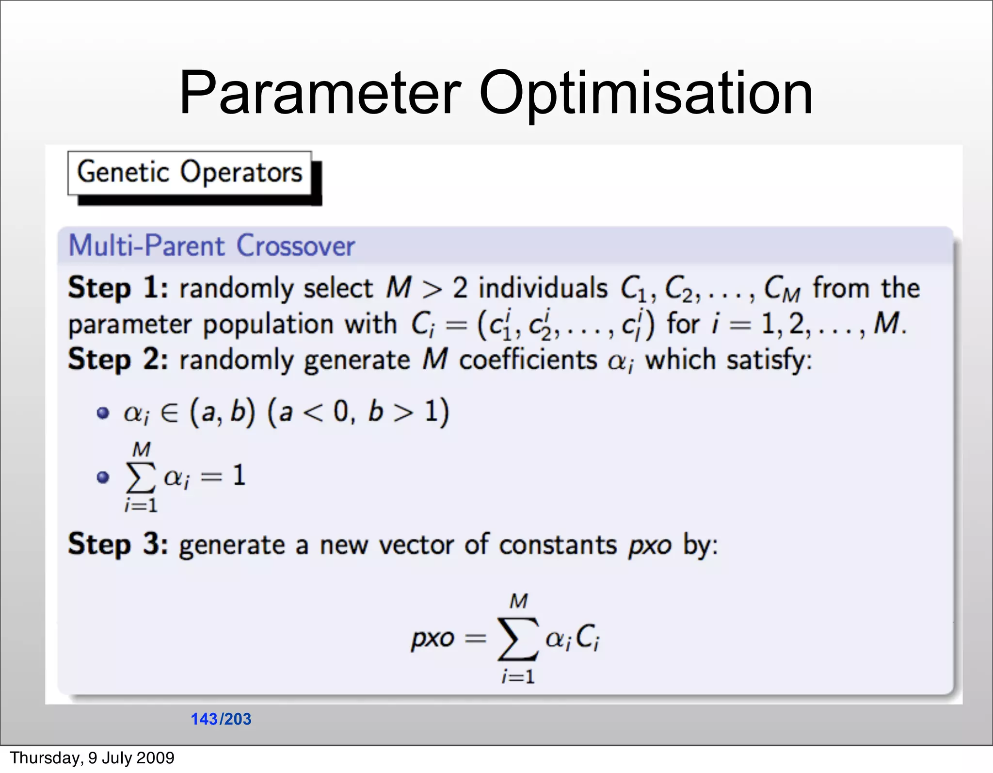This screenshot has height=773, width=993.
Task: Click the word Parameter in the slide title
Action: pos(320,93)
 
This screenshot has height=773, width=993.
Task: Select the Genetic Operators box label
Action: pos(190,173)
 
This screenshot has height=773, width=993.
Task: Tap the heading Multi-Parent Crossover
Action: pos(211,246)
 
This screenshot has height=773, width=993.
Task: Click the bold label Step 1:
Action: pos(118,288)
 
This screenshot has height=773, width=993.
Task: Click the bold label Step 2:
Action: pos(118,360)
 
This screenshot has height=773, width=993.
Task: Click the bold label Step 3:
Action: pos(118,544)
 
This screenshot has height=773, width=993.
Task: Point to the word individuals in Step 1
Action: pos(543,288)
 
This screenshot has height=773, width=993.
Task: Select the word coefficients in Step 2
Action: pos(528,360)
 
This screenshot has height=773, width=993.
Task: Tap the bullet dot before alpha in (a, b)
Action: pos(103,413)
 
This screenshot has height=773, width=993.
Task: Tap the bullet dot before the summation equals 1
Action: pos(103,477)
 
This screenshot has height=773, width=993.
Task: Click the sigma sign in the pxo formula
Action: pos(517,639)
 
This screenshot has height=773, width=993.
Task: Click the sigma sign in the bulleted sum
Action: pos(141,477)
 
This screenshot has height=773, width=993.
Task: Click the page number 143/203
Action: pos(221,719)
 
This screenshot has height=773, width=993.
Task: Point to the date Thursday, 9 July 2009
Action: pos(92,757)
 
